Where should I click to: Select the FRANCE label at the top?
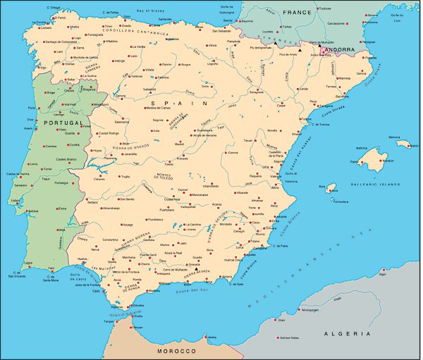[297, 13]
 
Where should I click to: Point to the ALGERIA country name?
[346, 333]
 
